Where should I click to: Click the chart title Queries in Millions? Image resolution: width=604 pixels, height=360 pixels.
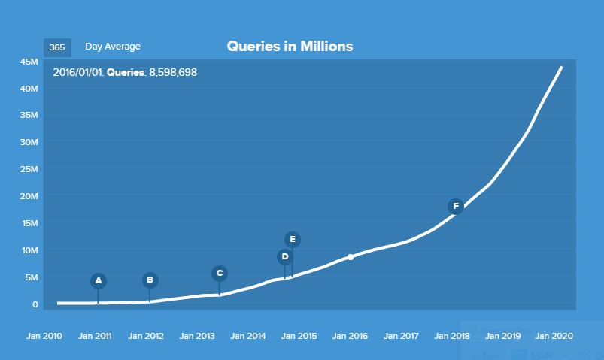click(290, 47)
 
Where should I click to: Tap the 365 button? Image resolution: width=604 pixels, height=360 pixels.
click(57, 47)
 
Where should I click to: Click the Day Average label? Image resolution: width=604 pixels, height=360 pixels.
click(113, 47)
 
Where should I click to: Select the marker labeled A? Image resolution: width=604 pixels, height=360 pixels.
click(98, 281)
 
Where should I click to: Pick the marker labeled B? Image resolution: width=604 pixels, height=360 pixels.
click(150, 280)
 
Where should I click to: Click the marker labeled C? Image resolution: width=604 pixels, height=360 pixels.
click(219, 274)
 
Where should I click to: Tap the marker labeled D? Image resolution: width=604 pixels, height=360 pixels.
click(284, 257)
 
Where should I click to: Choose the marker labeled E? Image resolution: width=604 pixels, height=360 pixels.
click(293, 240)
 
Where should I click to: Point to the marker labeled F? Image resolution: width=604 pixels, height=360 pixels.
click(455, 206)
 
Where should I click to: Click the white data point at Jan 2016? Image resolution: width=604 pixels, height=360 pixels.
click(351, 257)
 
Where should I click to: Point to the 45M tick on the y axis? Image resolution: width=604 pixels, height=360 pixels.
click(29, 62)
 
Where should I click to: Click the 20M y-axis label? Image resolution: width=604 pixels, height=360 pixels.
click(29, 196)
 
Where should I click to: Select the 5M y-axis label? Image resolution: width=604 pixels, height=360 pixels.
click(32, 277)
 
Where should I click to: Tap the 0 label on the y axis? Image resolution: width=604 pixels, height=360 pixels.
click(35, 304)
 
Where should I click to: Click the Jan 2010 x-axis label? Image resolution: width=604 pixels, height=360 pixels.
click(44, 336)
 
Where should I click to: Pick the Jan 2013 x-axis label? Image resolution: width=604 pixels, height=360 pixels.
click(197, 336)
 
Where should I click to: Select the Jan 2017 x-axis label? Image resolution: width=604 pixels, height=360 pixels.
click(401, 336)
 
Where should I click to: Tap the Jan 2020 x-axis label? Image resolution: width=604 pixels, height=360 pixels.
click(554, 336)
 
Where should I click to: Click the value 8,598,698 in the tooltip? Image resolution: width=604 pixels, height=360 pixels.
click(172, 73)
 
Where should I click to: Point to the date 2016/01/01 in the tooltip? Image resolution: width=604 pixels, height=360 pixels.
click(77, 73)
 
